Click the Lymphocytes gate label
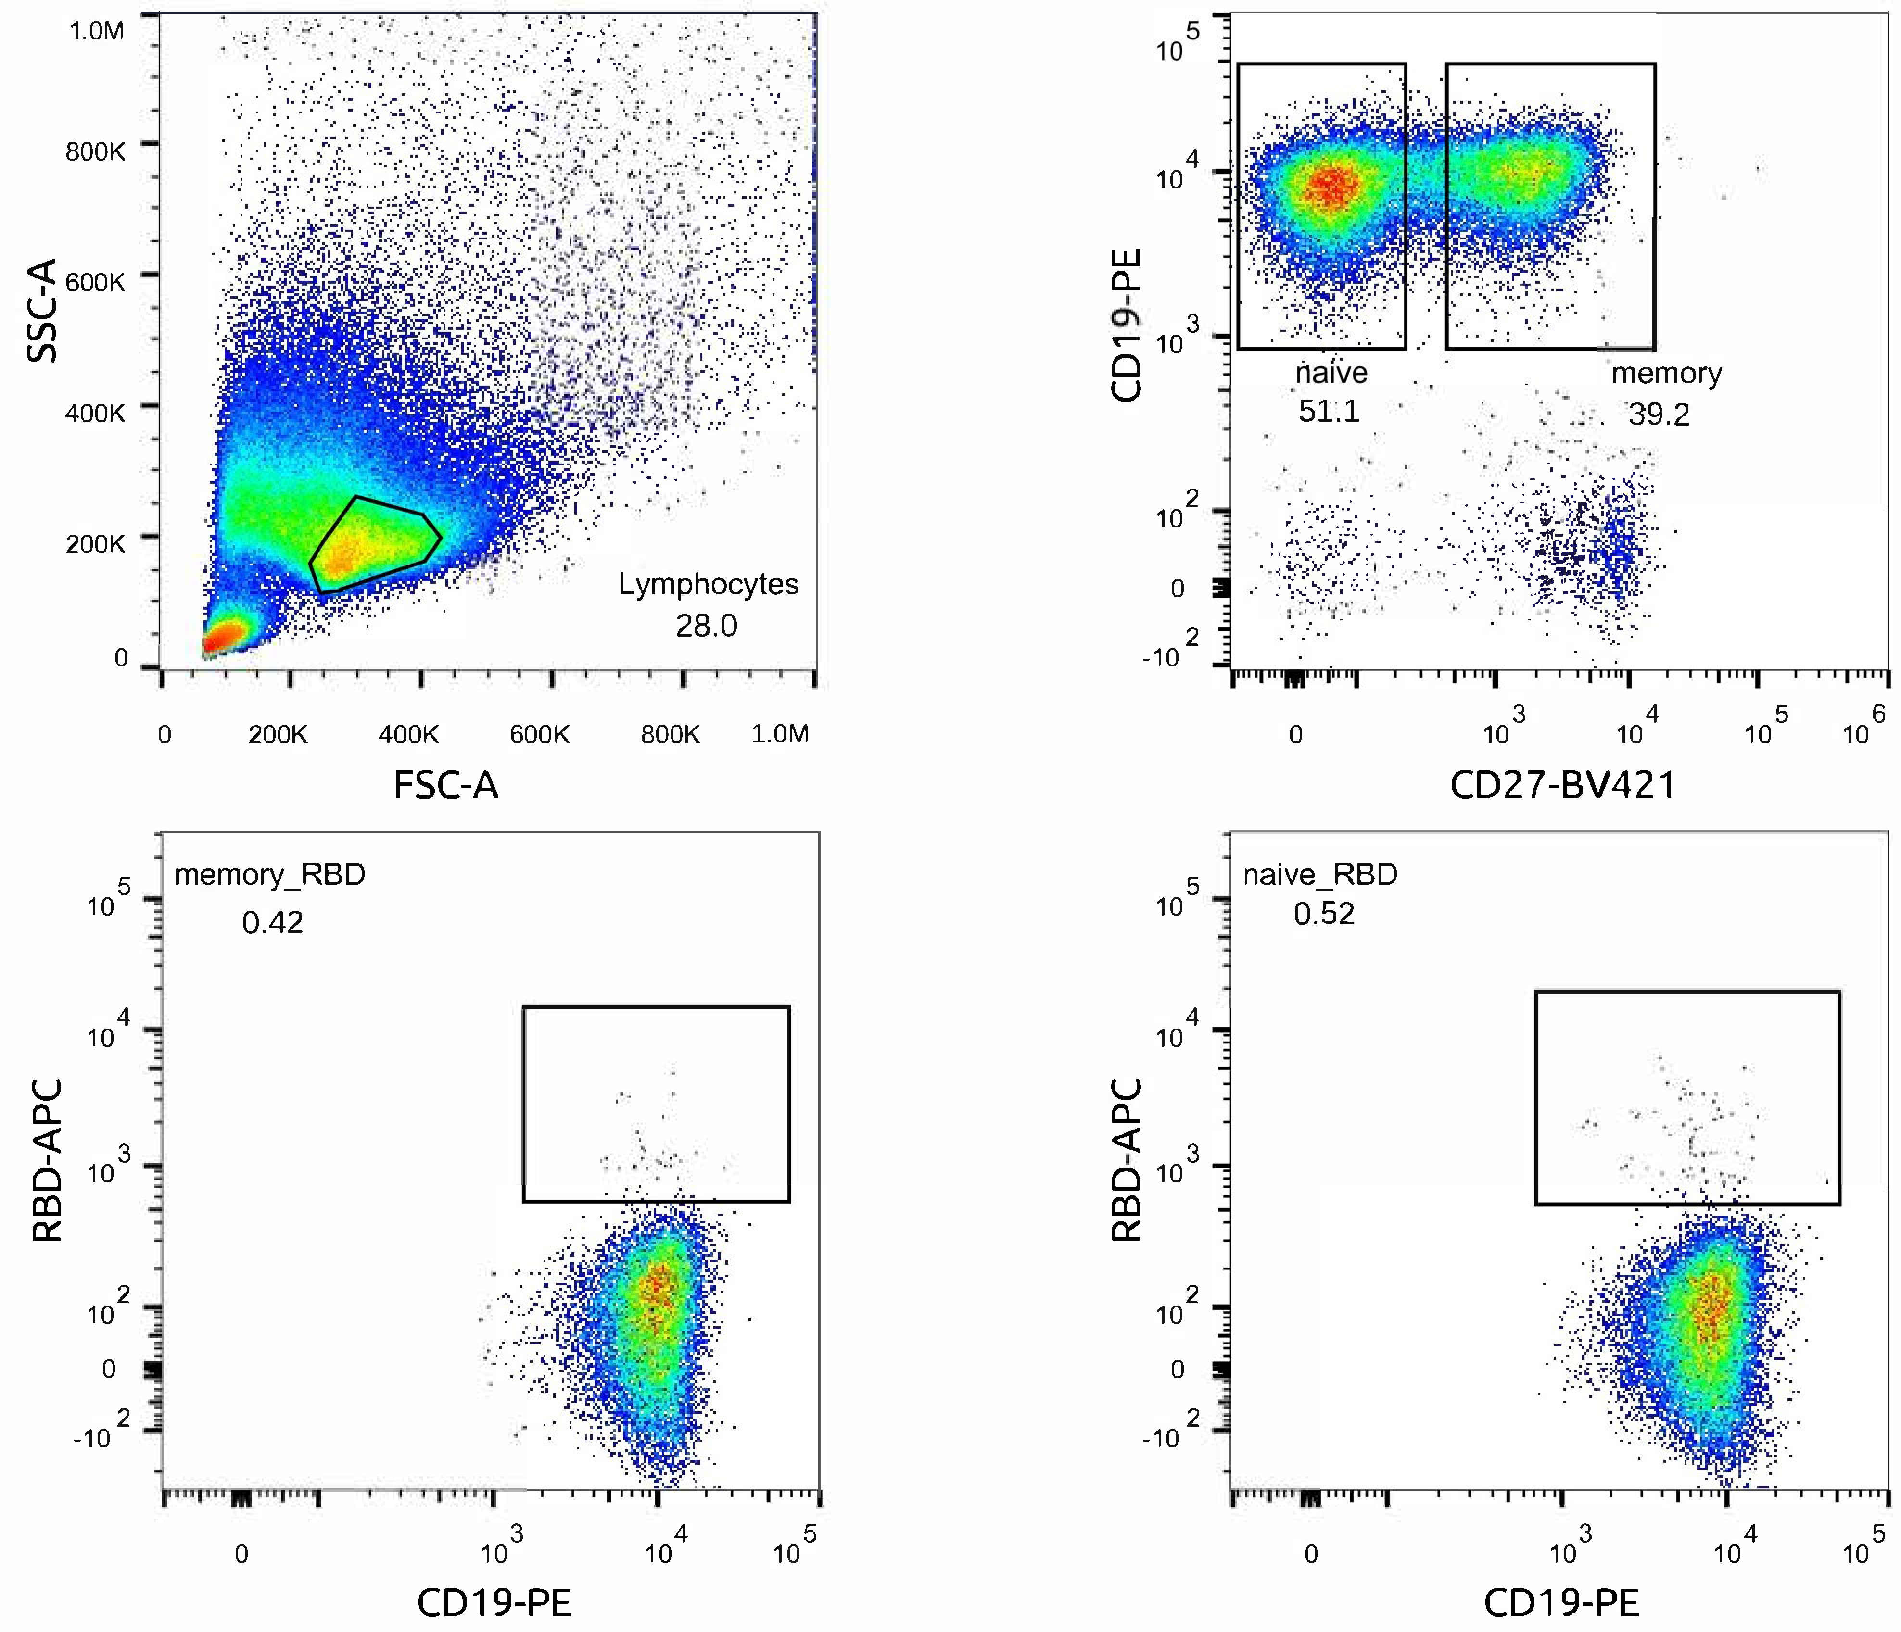(x=708, y=584)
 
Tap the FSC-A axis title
(x=446, y=785)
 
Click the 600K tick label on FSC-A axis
(x=540, y=735)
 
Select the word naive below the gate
(x=1331, y=373)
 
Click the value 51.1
(x=1329, y=411)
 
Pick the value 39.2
(x=1659, y=414)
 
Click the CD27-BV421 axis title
(x=1562, y=785)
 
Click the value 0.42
(x=272, y=922)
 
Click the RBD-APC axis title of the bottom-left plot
(x=47, y=1160)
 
